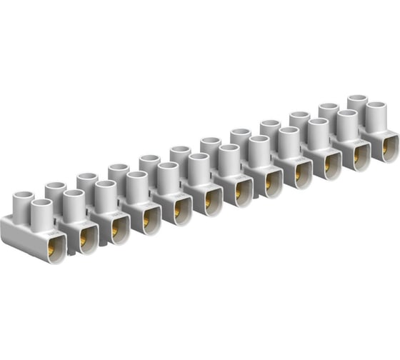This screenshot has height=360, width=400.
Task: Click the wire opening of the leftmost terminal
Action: pyautogui.click(x=51, y=247)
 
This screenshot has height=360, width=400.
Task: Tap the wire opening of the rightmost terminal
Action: pyautogui.click(x=389, y=147)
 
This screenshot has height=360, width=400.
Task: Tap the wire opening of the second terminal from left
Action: pyautogui.click(x=84, y=238)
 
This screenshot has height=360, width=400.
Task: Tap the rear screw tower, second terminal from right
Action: pyautogui.click(x=328, y=116)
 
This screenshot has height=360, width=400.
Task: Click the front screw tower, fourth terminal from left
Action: pyautogui.click(x=136, y=186)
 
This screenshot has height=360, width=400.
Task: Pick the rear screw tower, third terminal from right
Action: pyautogui.click(x=299, y=124)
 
